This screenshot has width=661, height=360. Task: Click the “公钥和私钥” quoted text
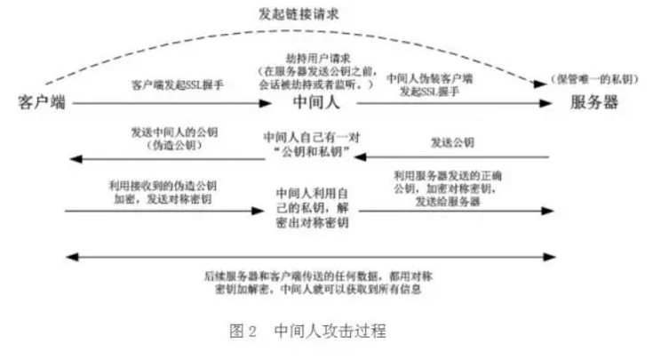[316, 154]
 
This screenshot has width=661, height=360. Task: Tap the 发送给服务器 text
[450, 202]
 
